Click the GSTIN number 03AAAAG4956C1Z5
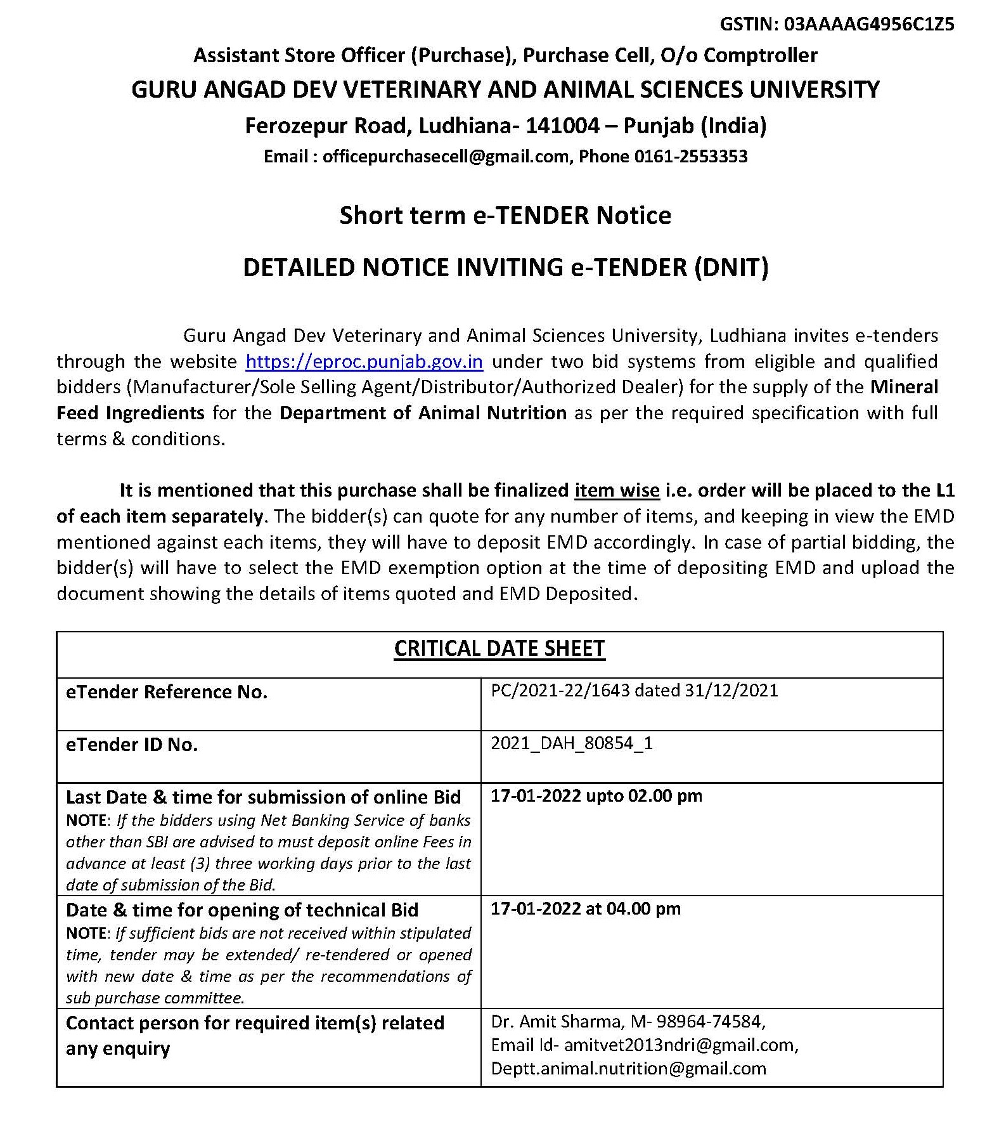point(869,25)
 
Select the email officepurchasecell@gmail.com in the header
point(446,157)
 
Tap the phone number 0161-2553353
point(691,157)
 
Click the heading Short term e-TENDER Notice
point(505,216)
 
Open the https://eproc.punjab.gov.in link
point(364,362)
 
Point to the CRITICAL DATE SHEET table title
point(499,648)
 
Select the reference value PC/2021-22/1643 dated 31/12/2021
point(634,690)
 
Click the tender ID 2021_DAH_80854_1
point(572,743)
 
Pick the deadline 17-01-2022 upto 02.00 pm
point(596,795)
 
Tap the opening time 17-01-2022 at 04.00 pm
point(586,908)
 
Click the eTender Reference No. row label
point(167,692)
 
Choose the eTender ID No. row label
point(132,745)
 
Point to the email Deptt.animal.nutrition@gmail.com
point(628,1068)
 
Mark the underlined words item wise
point(617,490)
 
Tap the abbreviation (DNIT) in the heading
point(731,267)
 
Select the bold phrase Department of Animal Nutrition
point(423,413)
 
